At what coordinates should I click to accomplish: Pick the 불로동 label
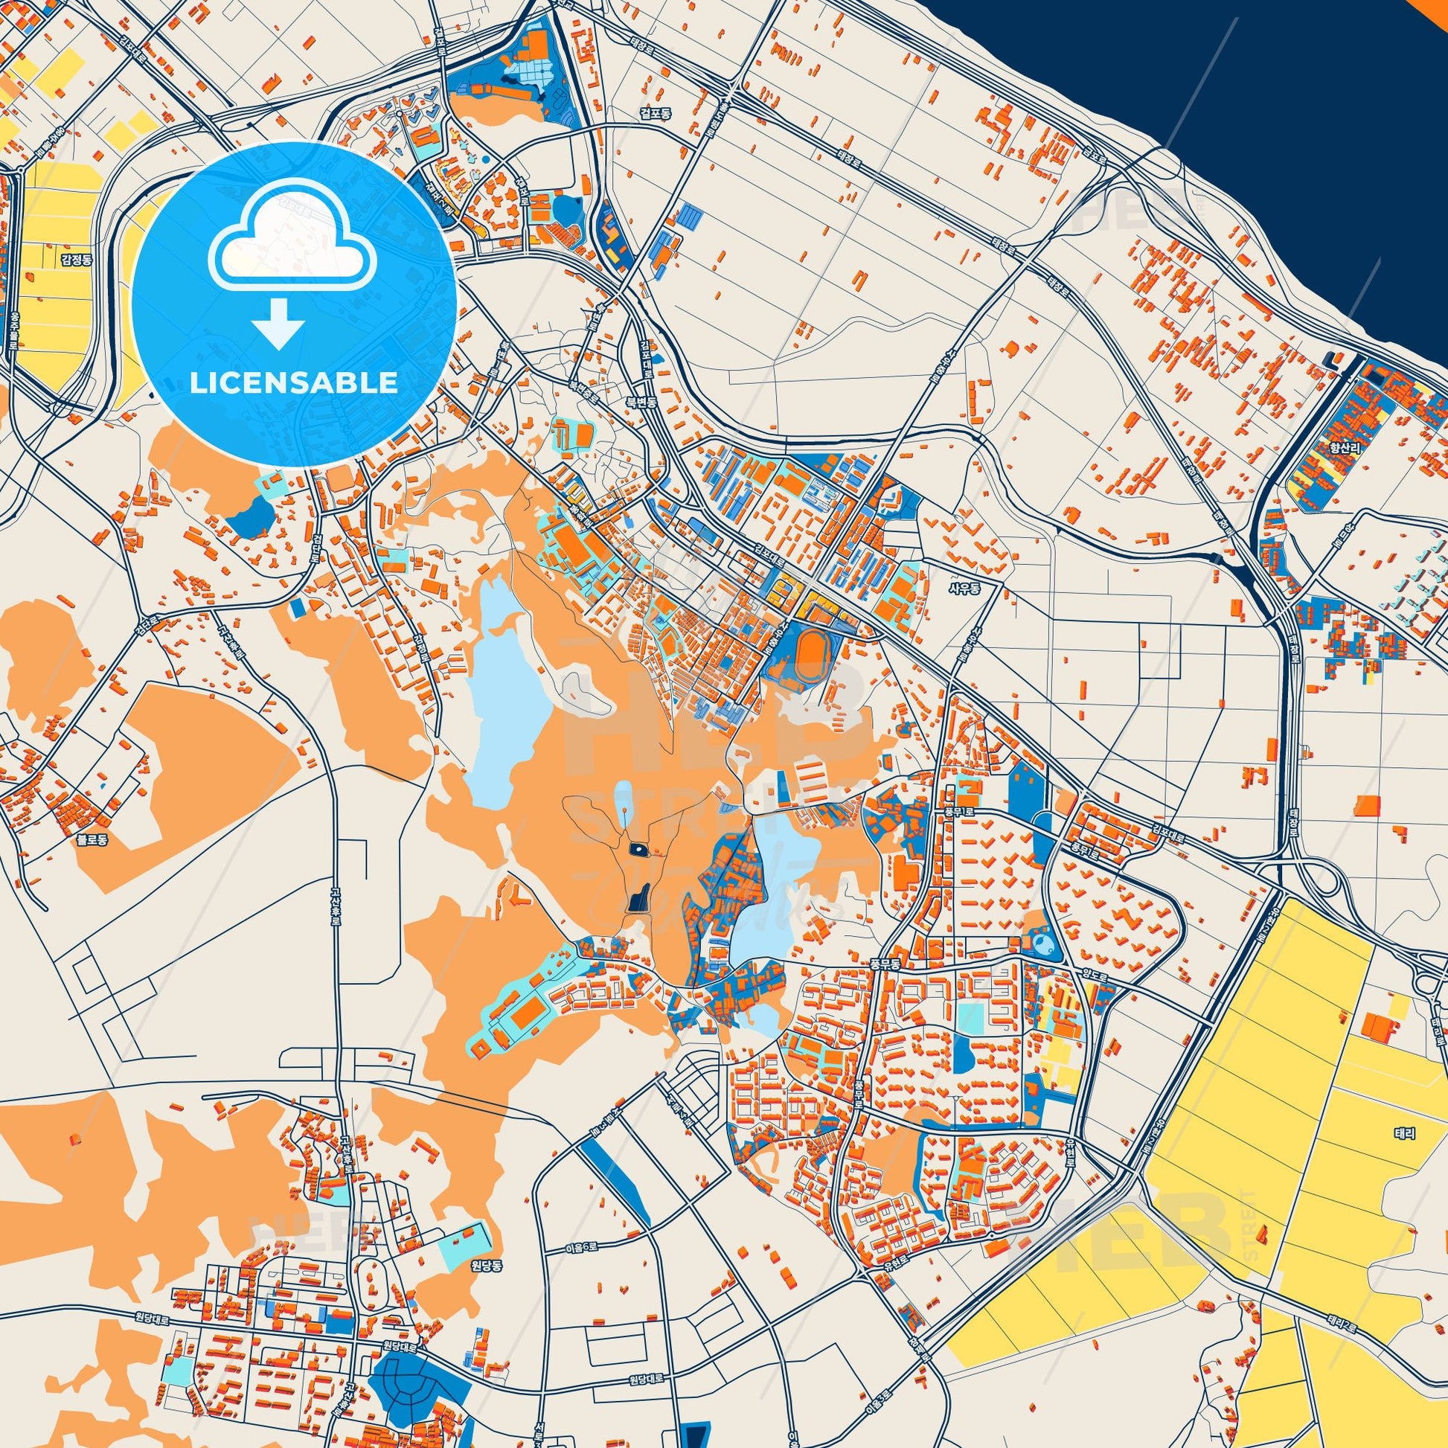click(92, 840)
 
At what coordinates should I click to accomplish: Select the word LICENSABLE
click(294, 383)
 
